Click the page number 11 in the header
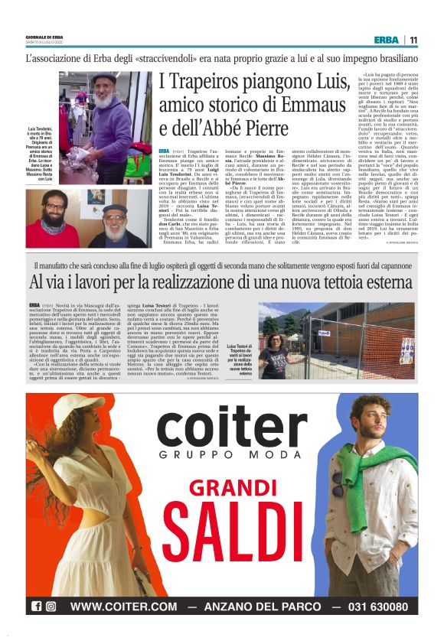click(413, 40)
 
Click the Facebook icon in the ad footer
click(36, 607)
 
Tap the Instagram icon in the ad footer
click(51, 607)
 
